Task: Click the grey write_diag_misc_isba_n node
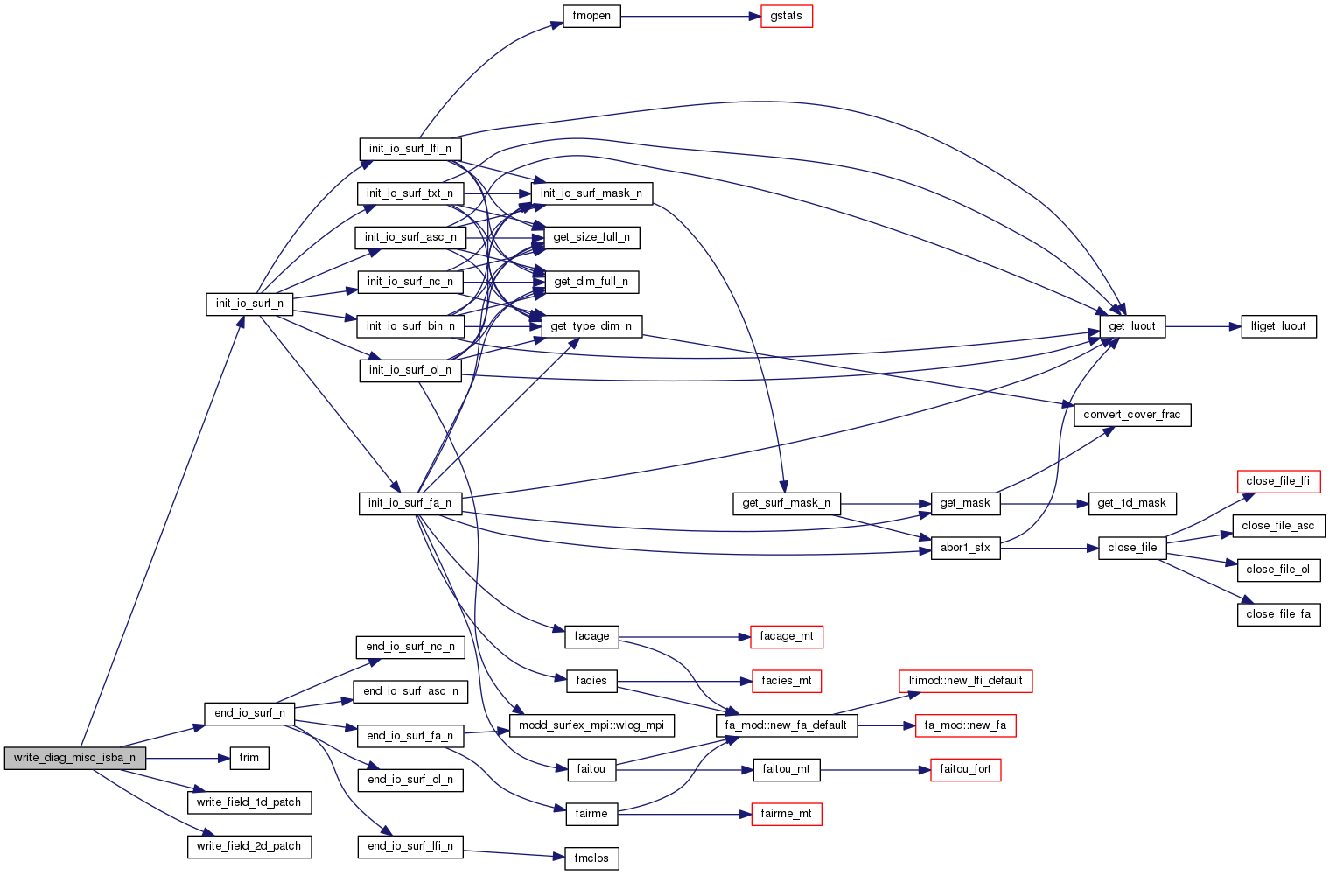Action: coord(74,758)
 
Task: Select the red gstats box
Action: coord(786,17)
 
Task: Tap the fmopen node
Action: coord(591,17)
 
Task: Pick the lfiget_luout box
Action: coord(1278,326)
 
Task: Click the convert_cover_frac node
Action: coord(1131,415)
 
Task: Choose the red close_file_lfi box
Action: coord(1277,481)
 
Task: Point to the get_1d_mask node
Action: coord(1131,503)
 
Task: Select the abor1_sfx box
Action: coord(965,548)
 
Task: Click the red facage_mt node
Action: coord(786,636)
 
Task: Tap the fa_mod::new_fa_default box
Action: coord(786,725)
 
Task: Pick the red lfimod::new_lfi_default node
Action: coord(965,681)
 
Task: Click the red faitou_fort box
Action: coord(965,769)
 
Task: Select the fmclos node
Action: coord(591,858)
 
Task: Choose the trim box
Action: coord(249,758)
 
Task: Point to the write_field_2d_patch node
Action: coord(248,846)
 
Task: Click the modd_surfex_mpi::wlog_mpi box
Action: coord(591,725)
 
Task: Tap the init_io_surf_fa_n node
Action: coord(409,503)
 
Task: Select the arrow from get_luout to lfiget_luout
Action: coord(1203,326)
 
